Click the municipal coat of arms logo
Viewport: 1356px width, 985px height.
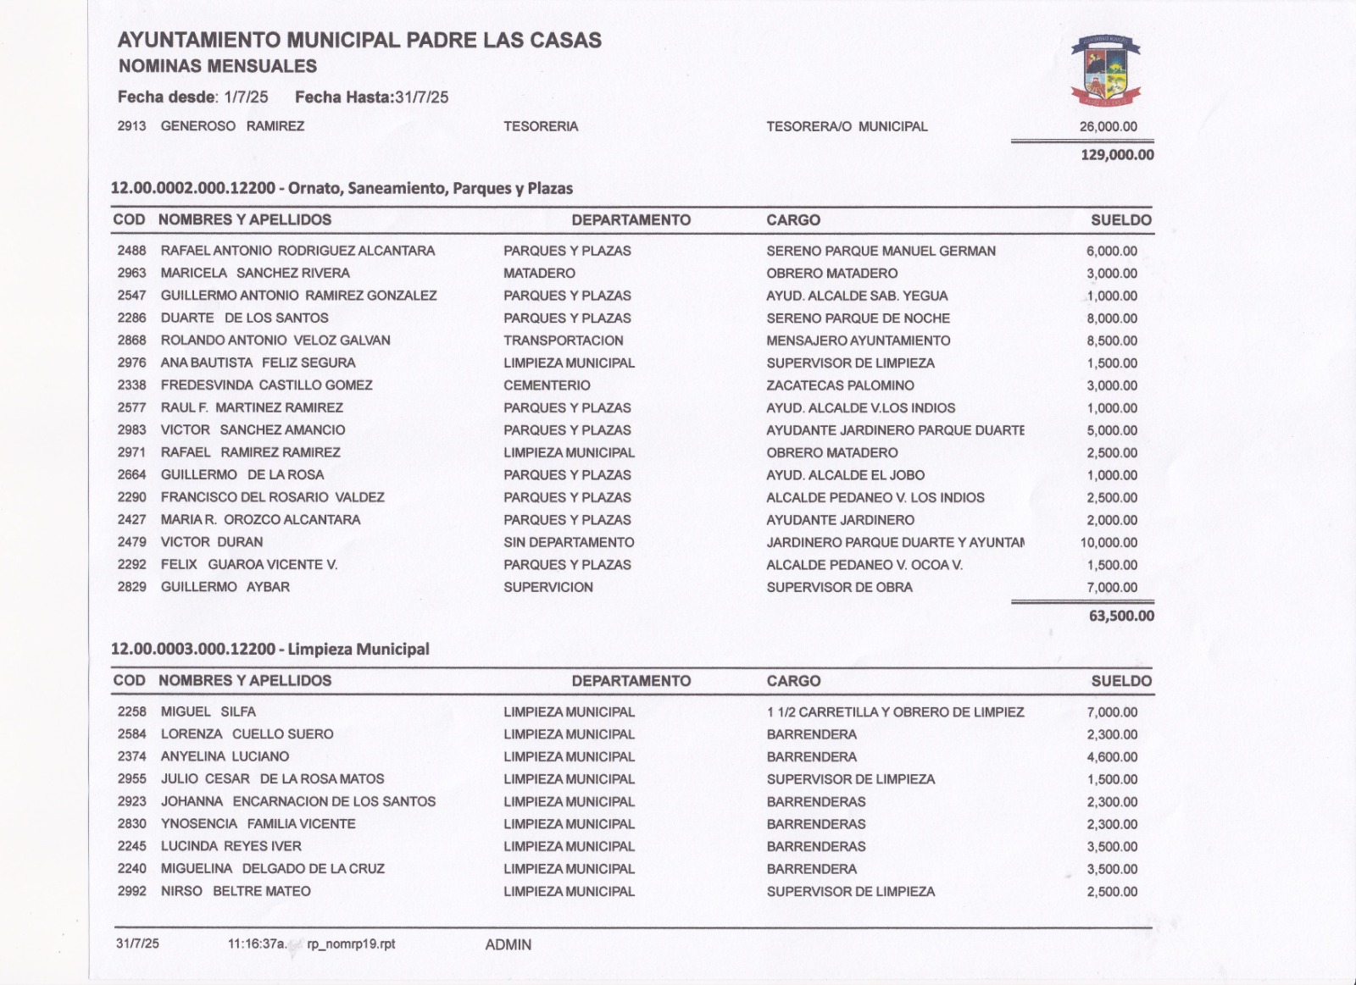pyautogui.click(x=1105, y=70)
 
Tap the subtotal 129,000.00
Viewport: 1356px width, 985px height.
pyautogui.click(x=1117, y=155)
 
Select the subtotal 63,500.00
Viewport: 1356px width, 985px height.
pyautogui.click(x=1121, y=616)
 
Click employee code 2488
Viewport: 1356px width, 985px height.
pyautogui.click(x=131, y=251)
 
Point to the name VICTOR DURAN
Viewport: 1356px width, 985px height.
pyautogui.click(x=212, y=542)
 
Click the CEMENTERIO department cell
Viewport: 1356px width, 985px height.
pyautogui.click(x=547, y=385)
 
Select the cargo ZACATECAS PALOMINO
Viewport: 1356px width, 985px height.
pyautogui.click(x=840, y=385)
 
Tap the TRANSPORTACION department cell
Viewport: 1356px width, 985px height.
pyautogui.click(x=564, y=340)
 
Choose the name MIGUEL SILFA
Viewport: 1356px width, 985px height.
pyautogui.click(x=208, y=711)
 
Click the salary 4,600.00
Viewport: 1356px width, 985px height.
pyautogui.click(x=1112, y=757)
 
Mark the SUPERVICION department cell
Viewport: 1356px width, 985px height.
pyautogui.click(x=548, y=587)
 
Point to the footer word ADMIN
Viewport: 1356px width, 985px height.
pyautogui.click(x=508, y=944)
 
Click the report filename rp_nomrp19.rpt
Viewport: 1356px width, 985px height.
pyautogui.click(x=351, y=943)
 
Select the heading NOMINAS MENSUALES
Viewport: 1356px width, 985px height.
pyautogui.click(x=218, y=66)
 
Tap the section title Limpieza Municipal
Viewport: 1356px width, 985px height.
pyautogui.click(x=358, y=650)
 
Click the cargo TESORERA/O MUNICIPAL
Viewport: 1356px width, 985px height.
pyautogui.click(x=847, y=126)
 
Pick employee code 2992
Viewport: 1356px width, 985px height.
pyautogui.click(x=131, y=891)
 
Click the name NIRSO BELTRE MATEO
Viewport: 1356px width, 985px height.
pyautogui.click(x=236, y=891)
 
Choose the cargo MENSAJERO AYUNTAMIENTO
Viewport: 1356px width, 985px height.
pyautogui.click(x=859, y=340)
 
